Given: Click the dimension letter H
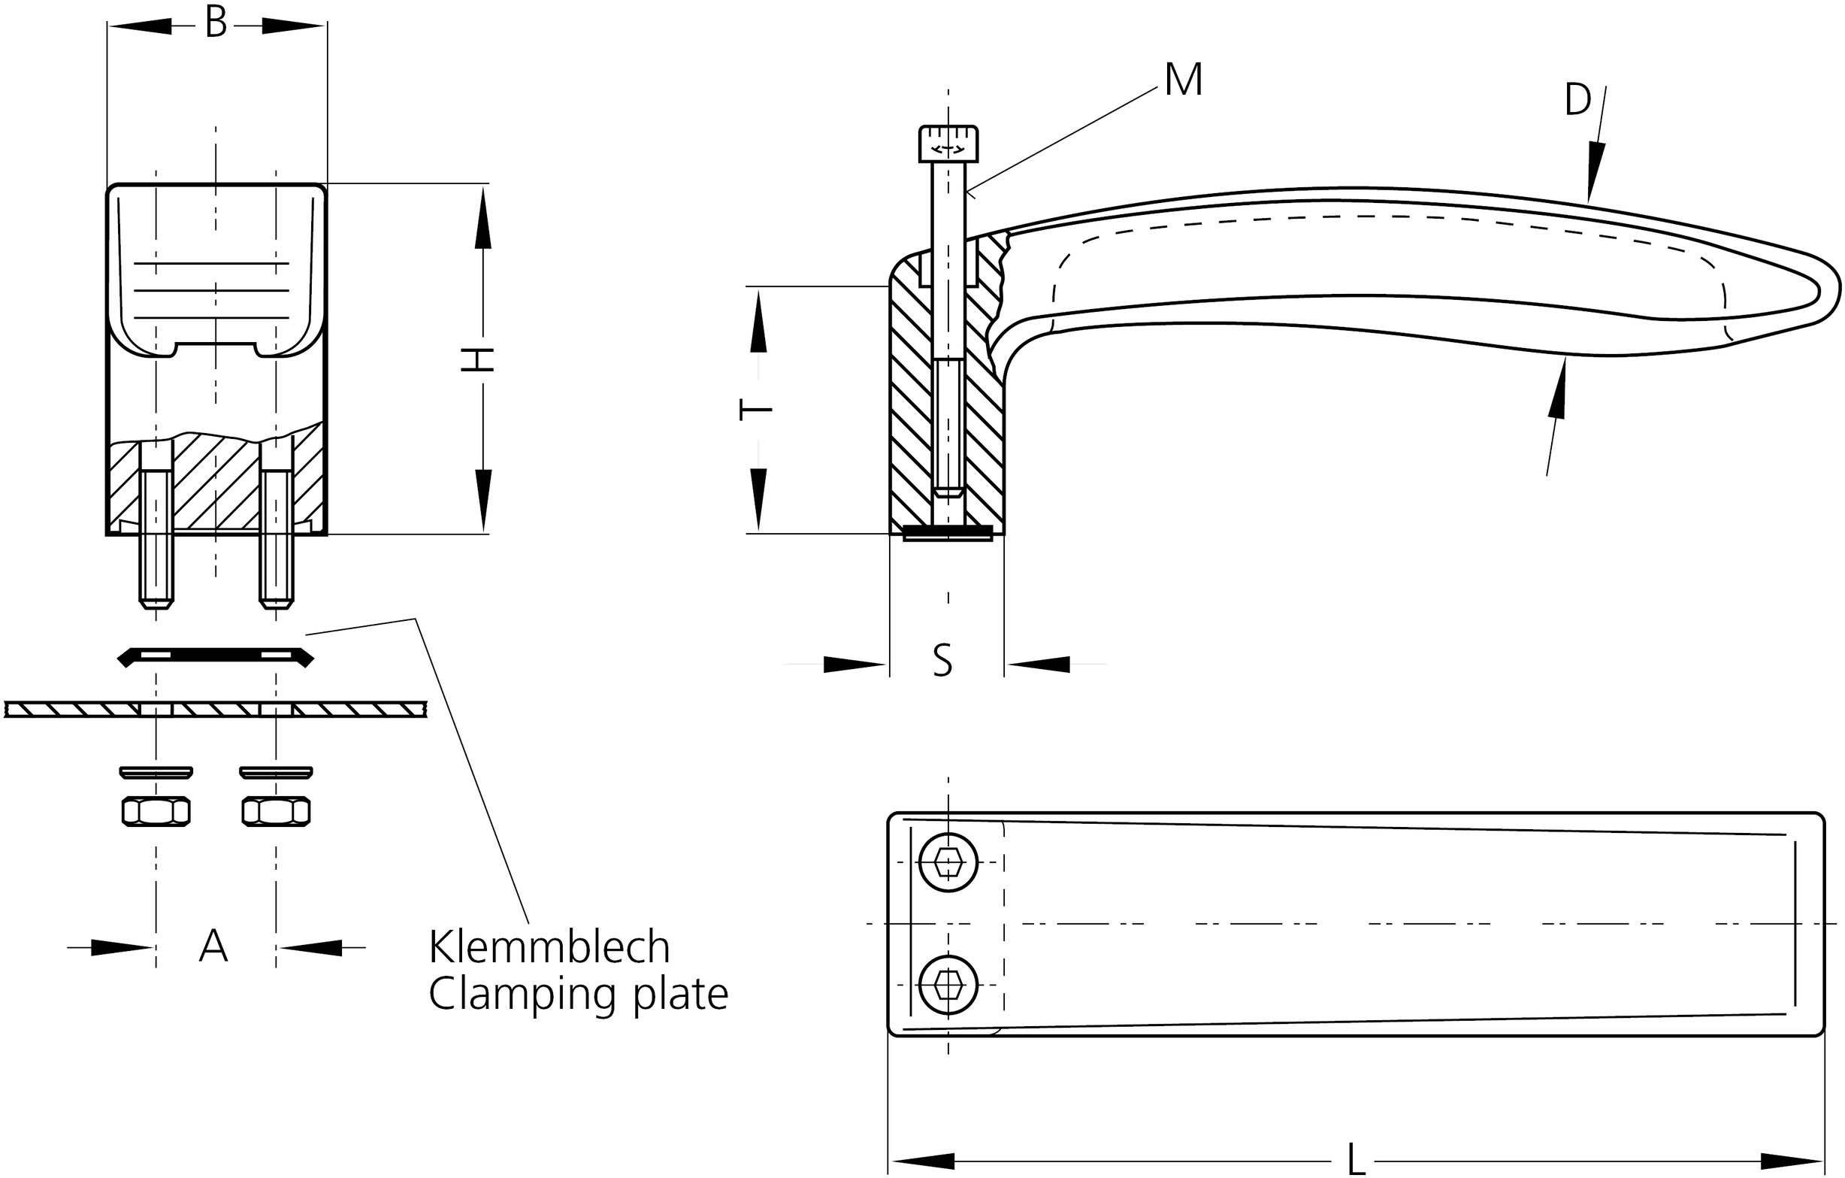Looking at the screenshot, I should point(477,359).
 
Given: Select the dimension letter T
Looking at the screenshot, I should point(755,410).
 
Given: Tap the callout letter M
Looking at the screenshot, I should point(1183,80).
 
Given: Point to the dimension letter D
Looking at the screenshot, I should point(1577,101).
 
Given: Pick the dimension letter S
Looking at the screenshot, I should point(943,661).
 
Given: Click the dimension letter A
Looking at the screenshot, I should point(213,946).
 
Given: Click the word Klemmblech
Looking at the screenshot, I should point(549,947).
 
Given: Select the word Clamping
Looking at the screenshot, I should point(527,995).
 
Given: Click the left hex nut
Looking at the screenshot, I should point(156,812).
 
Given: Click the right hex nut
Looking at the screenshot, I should point(276,812).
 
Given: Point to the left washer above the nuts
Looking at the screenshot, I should point(156,771).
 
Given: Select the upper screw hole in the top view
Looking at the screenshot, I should point(949,862).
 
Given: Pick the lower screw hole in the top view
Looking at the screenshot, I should point(949,985).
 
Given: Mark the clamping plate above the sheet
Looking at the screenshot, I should point(215,656).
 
